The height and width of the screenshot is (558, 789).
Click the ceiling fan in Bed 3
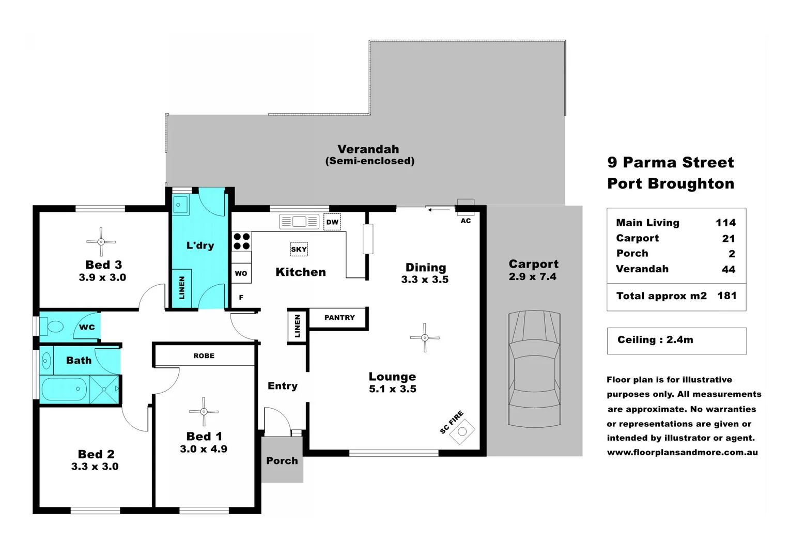(x=101, y=242)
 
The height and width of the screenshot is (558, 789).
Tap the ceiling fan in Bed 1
(x=204, y=412)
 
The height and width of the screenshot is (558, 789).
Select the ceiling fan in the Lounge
(x=425, y=338)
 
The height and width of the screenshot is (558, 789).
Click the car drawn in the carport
(x=534, y=369)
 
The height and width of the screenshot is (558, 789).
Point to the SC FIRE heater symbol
(x=462, y=431)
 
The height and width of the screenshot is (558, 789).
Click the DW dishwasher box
(x=332, y=222)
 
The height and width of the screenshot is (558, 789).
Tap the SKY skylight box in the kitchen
(x=299, y=249)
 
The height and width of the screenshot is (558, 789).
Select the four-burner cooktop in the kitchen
(x=241, y=241)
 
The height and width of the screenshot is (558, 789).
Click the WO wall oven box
(x=241, y=273)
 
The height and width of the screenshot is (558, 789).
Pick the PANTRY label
(x=339, y=318)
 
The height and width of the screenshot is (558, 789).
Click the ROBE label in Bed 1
(x=204, y=356)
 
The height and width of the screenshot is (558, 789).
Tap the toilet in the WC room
(x=53, y=327)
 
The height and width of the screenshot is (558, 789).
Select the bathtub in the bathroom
(x=64, y=389)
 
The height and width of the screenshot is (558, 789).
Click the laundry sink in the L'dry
(x=180, y=205)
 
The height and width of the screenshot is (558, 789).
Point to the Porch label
(x=282, y=461)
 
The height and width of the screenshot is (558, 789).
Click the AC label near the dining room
(x=466, y=221)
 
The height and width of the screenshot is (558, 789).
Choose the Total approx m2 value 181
(x=726, y=296)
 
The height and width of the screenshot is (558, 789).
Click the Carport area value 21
(x=729, y=239)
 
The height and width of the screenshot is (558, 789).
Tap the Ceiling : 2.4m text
(x=655, y=340)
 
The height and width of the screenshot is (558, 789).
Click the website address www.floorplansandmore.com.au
(x=683, y=453)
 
